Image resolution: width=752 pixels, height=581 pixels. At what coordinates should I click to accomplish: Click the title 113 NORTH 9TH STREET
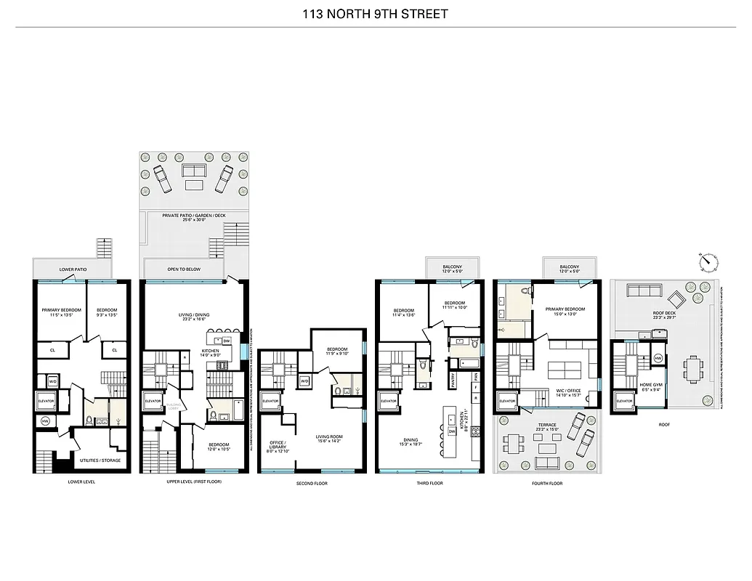[376, 12]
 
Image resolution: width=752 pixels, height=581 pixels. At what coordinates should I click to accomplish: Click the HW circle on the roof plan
[658, 358]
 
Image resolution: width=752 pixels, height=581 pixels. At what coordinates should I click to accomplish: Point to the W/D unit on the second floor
[304, 381]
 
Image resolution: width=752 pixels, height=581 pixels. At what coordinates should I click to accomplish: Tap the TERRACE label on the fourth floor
[548, 426]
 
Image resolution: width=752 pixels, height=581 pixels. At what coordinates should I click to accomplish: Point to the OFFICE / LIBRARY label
[278, 446]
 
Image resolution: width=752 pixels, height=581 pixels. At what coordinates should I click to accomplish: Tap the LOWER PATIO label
[73, 269]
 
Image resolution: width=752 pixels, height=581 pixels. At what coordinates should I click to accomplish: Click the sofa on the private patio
[193, 171]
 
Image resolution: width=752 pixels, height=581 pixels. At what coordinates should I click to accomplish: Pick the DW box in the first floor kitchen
[227, 341]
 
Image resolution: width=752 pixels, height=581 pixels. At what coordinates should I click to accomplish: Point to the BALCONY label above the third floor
[452, 267]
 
